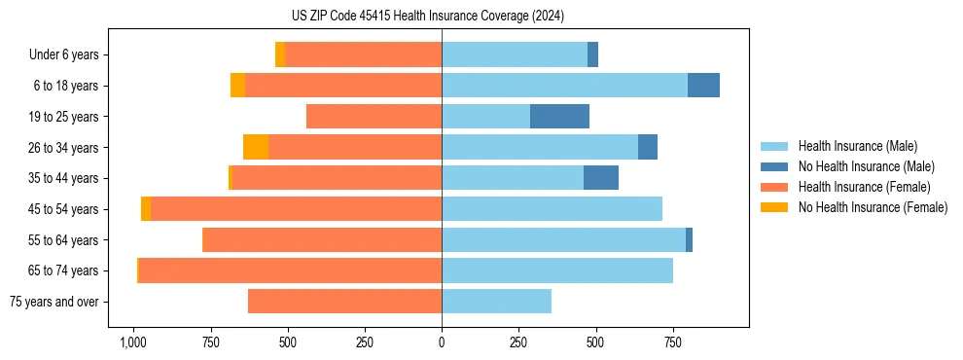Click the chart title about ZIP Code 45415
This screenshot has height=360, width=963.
tap(442, 16)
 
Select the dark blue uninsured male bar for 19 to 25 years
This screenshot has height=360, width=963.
tap(559, 117)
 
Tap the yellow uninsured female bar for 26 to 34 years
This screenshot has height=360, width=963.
tap(256, 147)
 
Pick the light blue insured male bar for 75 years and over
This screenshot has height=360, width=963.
tap(496, 302)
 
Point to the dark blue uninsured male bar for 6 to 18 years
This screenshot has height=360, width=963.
tap(703, 86)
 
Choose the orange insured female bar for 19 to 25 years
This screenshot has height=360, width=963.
tap(374, 117)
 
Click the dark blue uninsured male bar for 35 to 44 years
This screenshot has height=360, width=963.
tap(601, 178)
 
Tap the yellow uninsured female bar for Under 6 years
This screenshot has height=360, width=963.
tap(280, 54)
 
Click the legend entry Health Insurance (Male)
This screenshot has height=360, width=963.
tap(857, 146)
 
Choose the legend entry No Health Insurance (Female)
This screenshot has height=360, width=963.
tap(873, 207)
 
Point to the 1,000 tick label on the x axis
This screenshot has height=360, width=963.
tap(132, 342)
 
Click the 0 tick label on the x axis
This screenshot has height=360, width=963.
tap(442, 342)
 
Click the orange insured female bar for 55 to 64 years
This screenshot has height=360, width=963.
tap(322, 239)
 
